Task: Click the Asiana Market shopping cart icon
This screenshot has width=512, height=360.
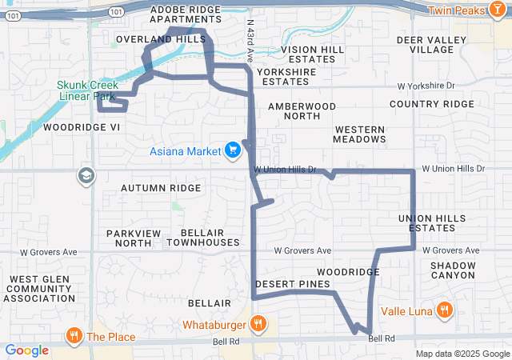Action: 233,150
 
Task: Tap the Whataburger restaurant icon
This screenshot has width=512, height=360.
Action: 258,324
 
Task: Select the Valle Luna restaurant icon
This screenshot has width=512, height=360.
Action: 444,310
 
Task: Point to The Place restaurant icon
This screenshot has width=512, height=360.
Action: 74,336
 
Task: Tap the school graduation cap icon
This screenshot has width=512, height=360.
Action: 86,175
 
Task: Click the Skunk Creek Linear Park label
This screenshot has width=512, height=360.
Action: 88,90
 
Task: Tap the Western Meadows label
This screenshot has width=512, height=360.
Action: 360,134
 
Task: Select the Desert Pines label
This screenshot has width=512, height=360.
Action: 292,284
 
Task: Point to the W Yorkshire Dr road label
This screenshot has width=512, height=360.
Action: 426,85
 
